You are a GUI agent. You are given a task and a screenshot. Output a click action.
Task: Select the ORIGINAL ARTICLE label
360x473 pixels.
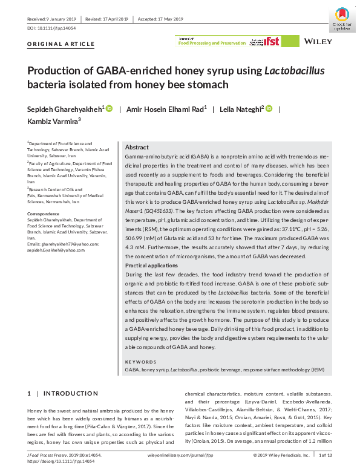[61, 44]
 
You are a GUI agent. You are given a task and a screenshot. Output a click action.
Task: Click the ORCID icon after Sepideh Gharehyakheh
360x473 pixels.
[110, 108]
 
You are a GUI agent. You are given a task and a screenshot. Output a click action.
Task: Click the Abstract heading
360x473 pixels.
[137, 148]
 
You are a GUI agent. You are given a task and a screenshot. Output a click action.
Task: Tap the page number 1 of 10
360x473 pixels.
[326, 455]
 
